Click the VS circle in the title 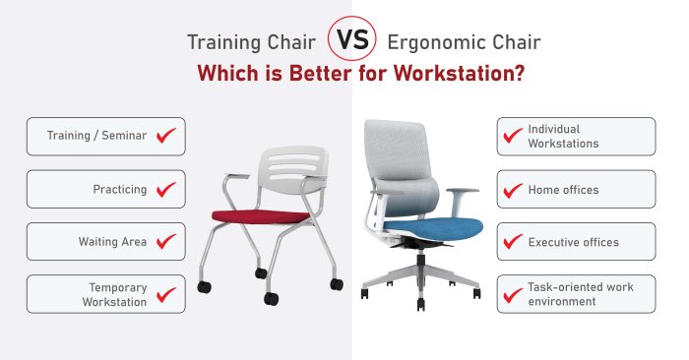(352, 42)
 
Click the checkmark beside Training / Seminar (166, 136)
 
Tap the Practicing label (120, 189)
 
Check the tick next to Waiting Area (166, 241)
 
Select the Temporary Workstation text (114, 294)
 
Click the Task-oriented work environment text (581, 294)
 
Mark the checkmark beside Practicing (166, 189)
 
